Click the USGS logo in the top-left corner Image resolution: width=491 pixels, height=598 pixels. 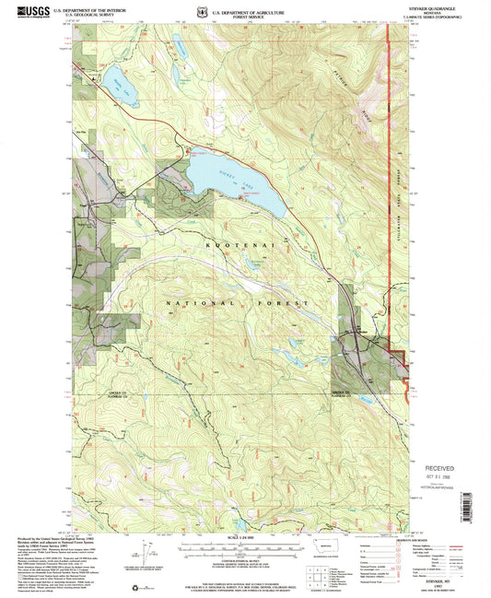pyautogui.click(x=21, y=11)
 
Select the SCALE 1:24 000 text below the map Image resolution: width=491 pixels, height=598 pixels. pyautogui.click(x=244, y=539)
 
